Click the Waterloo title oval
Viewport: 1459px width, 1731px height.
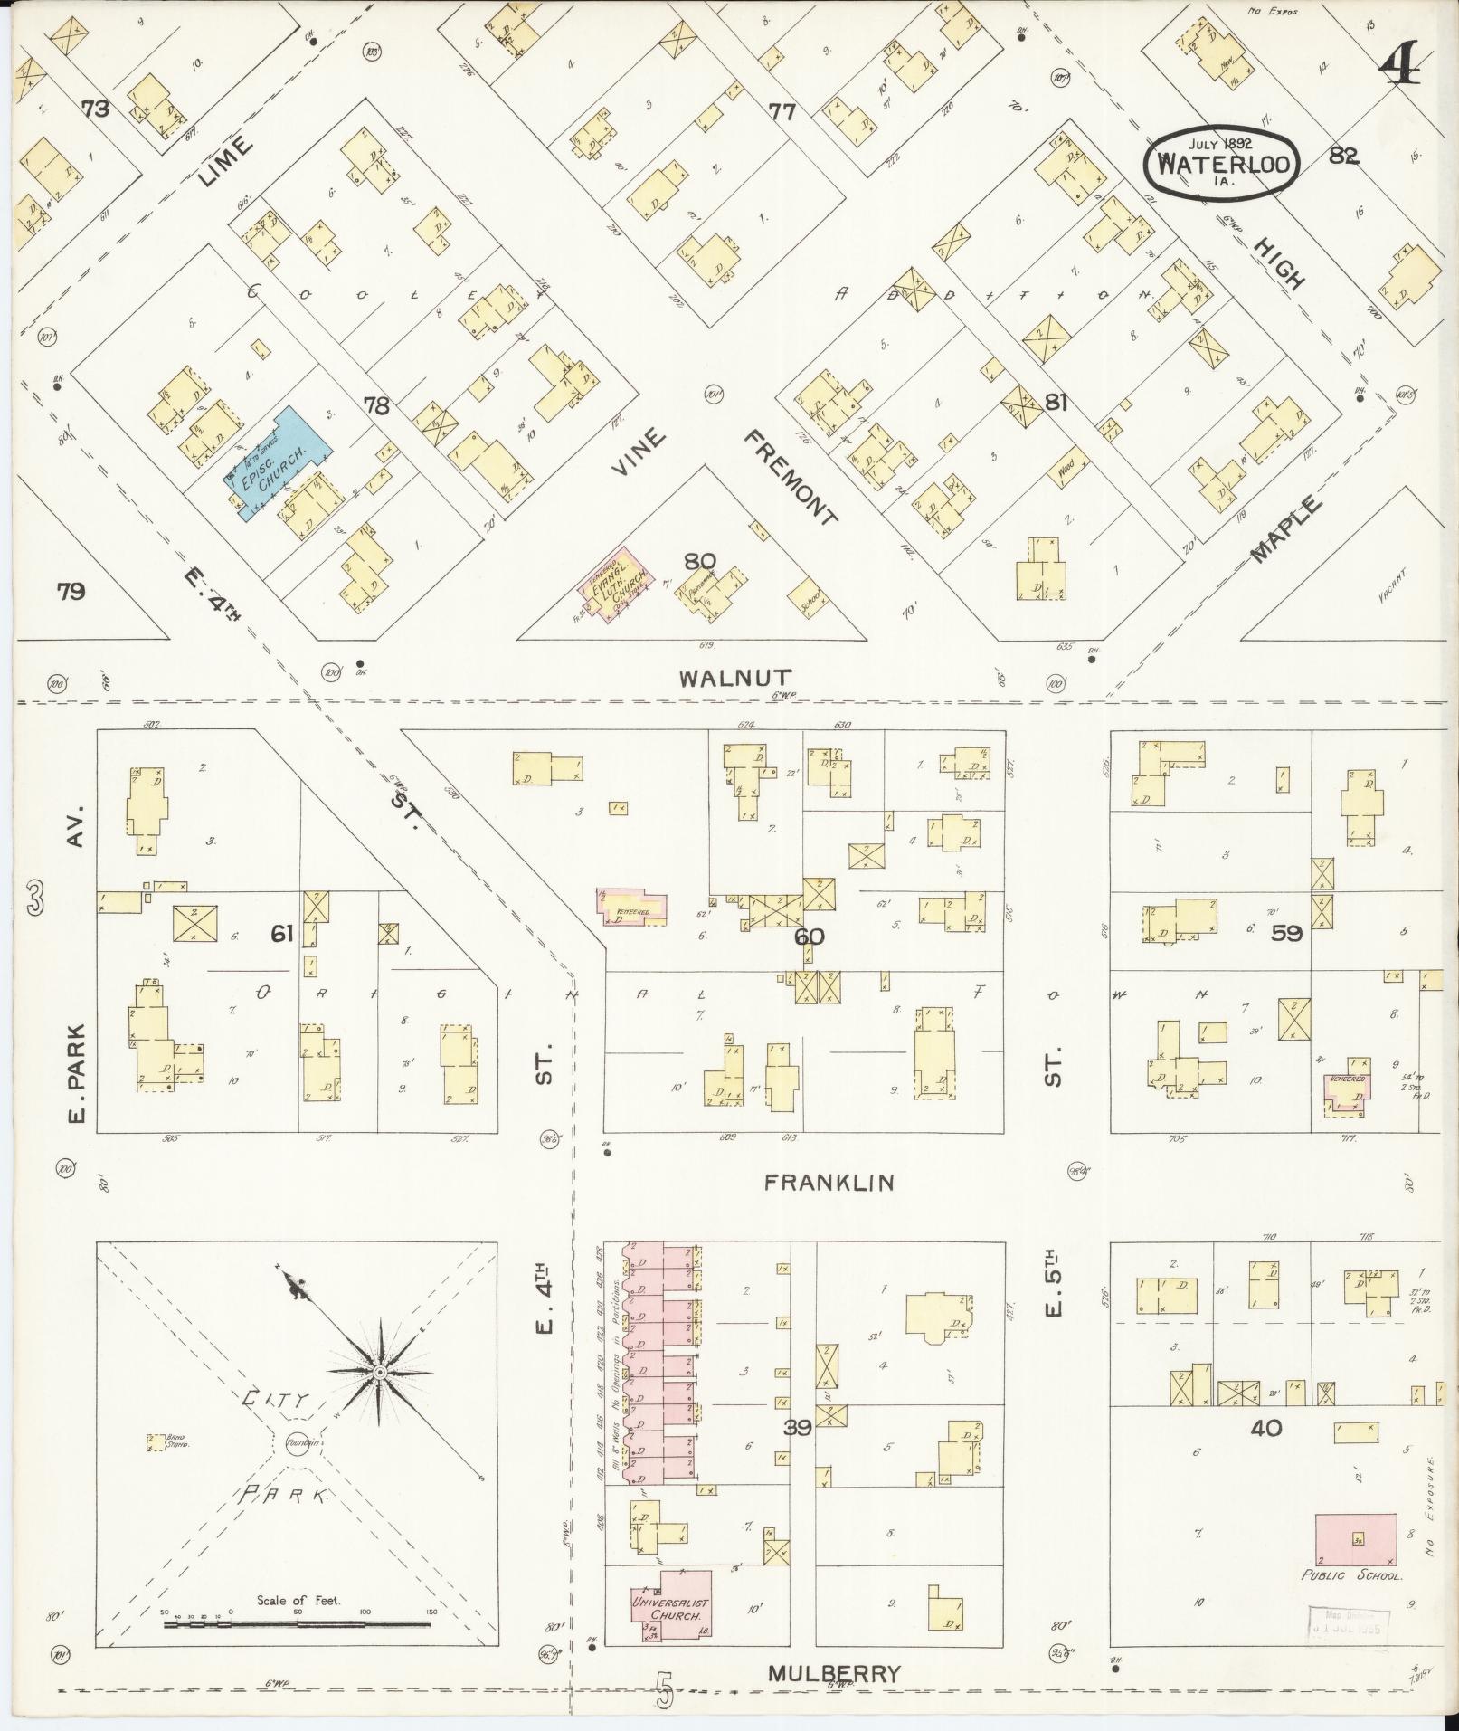(1221, 164)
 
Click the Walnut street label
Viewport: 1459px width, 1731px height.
(737, 677)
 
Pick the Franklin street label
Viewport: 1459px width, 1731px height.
(829, 1182)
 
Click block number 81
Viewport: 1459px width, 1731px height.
(1056, 402)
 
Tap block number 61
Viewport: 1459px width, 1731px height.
(282, 932)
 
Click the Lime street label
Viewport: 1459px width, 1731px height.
(215, 161)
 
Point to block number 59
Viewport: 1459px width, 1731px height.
(1285, 932)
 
